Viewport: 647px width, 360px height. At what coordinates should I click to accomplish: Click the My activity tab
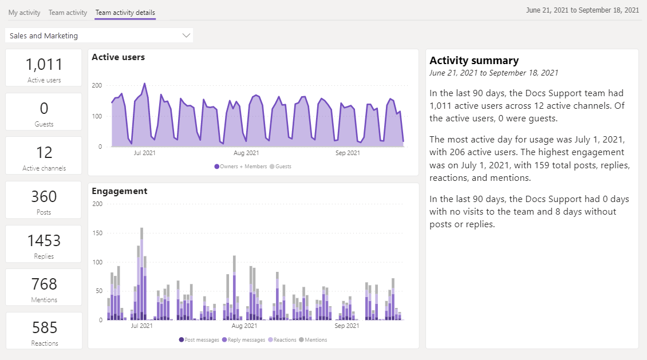coord(25,13)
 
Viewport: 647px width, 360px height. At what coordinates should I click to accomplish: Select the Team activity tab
coord(68,13)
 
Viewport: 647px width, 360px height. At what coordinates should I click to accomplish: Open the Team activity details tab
coord(125,13)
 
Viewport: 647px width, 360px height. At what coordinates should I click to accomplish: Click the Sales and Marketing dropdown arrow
coord(186,35)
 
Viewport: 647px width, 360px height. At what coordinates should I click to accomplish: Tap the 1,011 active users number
coord(44,64)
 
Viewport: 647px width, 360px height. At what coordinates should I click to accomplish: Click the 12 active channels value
coord(44,153)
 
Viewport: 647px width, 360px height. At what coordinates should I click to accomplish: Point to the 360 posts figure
coord(44,196)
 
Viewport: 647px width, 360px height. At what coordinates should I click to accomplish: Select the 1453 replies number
coord(44,240)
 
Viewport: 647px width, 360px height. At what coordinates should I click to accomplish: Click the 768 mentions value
coord(44,284)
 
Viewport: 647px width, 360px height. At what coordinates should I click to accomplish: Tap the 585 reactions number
coord(45,328)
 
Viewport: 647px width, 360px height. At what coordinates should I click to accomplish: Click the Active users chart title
coord(118,57)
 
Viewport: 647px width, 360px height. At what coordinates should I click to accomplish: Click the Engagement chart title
coord(119,191)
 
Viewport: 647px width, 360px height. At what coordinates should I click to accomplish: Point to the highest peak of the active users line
coord(144,84)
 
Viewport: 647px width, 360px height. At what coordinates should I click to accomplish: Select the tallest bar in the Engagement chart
coord(141,274)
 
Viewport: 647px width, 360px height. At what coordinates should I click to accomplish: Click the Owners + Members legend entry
coord(240,167)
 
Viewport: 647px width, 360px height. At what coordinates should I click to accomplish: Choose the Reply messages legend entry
coord(243,340)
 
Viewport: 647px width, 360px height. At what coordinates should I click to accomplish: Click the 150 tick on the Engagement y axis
coord(97,233)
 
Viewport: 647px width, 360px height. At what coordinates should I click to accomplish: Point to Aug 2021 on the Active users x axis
coord(246,153)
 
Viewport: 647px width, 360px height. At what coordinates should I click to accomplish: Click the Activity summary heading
coord(474,61)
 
